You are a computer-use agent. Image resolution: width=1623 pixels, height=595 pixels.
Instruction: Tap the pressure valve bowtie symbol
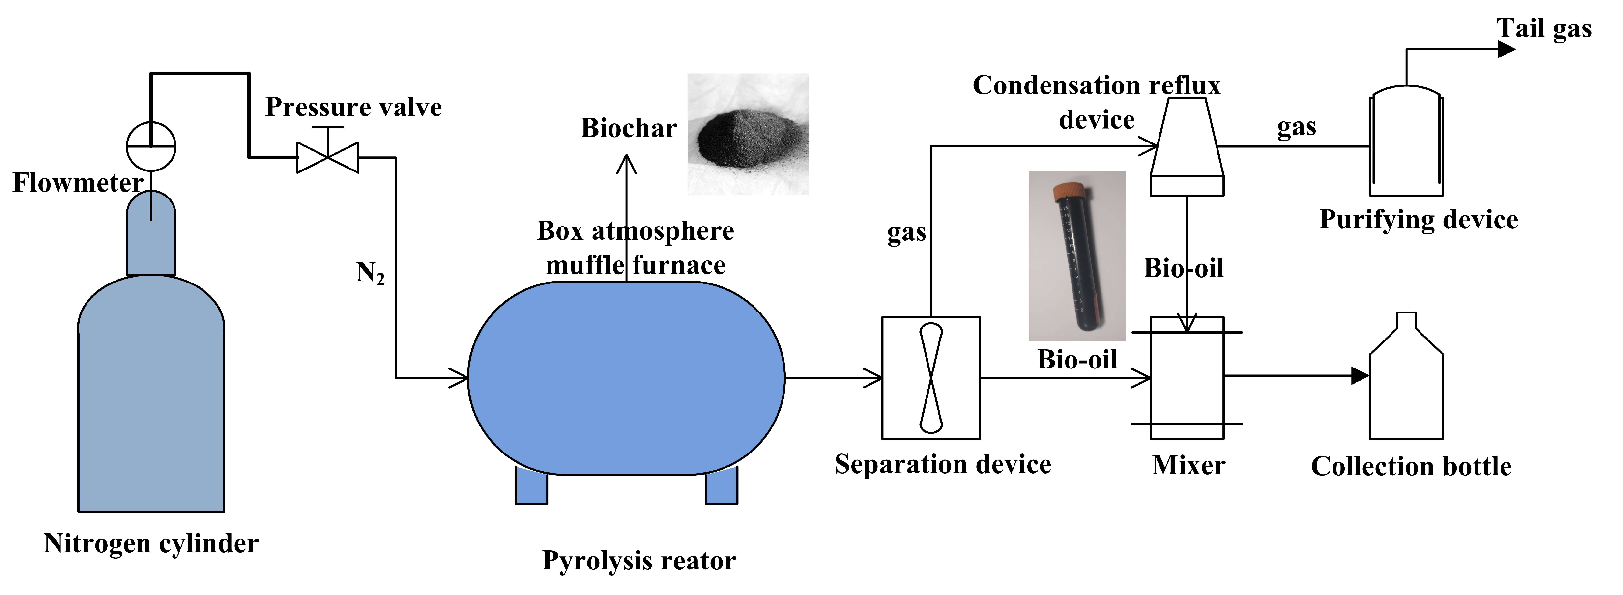click(328, 157)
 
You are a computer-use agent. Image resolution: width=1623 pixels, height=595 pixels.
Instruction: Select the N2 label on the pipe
click(370, 273)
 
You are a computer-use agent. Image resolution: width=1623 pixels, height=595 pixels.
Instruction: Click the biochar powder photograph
click(748, 134)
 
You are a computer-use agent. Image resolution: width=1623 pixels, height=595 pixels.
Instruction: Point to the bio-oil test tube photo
click(1077, 255)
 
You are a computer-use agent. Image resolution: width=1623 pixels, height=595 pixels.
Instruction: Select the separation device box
click(930, 378)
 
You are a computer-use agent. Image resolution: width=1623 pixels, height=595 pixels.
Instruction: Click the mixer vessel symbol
click(1187, 378)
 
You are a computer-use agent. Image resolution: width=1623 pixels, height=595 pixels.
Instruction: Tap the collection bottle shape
click(1406, 384)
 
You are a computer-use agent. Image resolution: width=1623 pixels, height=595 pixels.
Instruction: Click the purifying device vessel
click(1406, 142)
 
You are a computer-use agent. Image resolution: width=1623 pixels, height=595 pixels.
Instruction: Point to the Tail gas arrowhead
click(1506, 49)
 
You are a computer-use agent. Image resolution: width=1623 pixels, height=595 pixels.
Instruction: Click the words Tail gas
click(1543, 29)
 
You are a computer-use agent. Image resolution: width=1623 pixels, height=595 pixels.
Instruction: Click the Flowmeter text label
click(78, 183)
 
